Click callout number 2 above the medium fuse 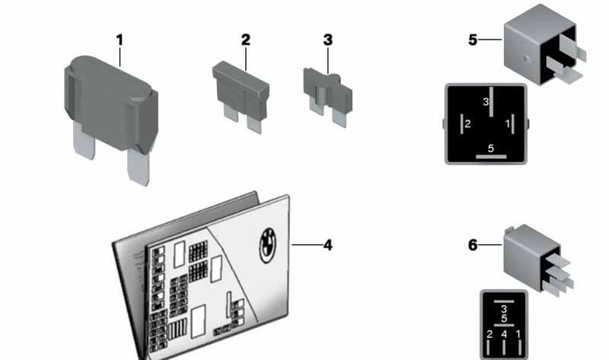pyautogui.click(x=245, y=40)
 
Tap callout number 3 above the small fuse pyautogui.click(x=327, y=40)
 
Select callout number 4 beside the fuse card pyautogui.click(x=327, y=245)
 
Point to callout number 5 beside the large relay pyautogui.click(x=473, y=39)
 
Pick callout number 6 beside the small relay pyautogui.click(x=473, y=245)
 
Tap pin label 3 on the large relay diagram pyautogui.click(x=486, y=101)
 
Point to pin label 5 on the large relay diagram pyautogui.click(x=491, y=148)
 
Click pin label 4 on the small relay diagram pyautogui.click(x=504, y=334)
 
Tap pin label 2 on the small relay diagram pyautogui.click(x=490, y=334)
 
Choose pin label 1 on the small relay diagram pyautogui.click(x=518, y=334)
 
